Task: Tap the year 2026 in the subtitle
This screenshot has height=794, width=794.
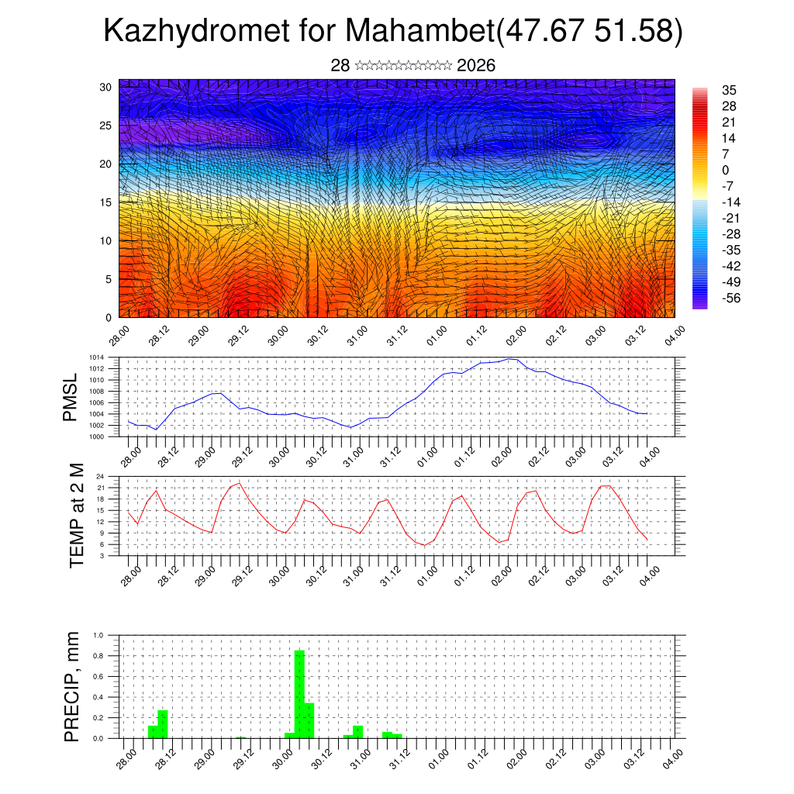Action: tap(476, 66)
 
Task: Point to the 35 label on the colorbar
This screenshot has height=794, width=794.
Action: tap(728, 90)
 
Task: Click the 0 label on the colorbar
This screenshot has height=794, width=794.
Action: tap(725, 171)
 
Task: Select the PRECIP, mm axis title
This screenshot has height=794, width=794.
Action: tap(71, 685)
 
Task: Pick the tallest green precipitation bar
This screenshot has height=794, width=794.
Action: tap(299, 694)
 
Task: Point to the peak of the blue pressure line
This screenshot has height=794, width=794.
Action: tap(509, 359)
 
